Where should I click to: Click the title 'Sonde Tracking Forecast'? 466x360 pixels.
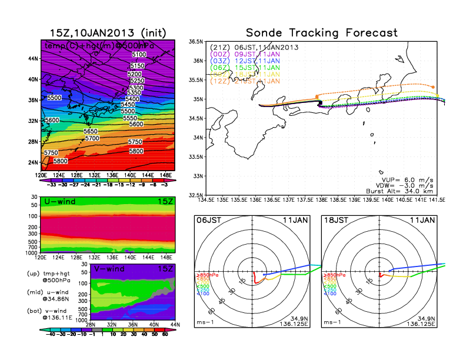tap(321, 32)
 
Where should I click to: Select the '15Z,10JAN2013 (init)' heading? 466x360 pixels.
tap(108, 32)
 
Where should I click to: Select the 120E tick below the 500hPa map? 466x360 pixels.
tap(41, 175)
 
